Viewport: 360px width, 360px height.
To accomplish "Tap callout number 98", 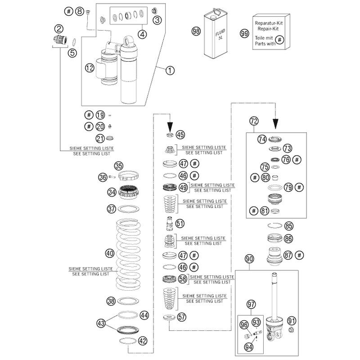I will click(x=196, y=31).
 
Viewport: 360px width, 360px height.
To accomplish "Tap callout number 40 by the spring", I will click(x=109, y=253).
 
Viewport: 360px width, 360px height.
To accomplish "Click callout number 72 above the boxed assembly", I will click(x=254, y=121).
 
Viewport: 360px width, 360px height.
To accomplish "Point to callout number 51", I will click(x=180, y=223).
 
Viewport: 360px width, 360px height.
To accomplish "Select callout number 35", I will click(x=118, y=165).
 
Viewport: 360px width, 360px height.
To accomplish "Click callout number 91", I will click(x=292, y=321).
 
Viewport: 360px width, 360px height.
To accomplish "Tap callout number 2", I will click(x=58, y=28).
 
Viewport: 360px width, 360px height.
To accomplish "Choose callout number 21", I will click(x=100, y=138).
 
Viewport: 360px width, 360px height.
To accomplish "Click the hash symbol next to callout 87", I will click(x=299, y=254).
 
